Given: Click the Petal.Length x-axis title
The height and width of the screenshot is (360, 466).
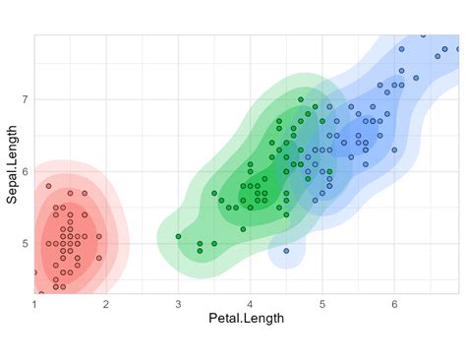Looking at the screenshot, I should (246, 318).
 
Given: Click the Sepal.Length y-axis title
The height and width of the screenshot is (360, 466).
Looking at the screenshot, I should (13, 164).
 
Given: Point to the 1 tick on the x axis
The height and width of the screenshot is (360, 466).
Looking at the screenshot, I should (34, 304).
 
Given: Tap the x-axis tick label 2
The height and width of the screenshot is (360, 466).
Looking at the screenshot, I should (106, 304).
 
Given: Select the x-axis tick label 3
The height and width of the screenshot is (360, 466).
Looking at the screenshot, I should (178, 304).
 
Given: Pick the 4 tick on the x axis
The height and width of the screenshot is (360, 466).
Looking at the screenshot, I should (250, 304).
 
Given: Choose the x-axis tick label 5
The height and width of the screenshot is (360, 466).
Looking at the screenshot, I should (321, 304).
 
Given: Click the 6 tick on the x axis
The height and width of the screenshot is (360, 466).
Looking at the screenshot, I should (394, 304).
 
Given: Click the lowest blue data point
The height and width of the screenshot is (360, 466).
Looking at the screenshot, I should (286, 251).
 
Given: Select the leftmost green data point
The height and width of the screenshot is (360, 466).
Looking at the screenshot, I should (178, 236).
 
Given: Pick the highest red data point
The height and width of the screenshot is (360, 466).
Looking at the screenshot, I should (48, 186).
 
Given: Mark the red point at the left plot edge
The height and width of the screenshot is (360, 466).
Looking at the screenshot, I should (34, 272).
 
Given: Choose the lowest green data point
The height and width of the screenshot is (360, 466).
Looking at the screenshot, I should (200, 250).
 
